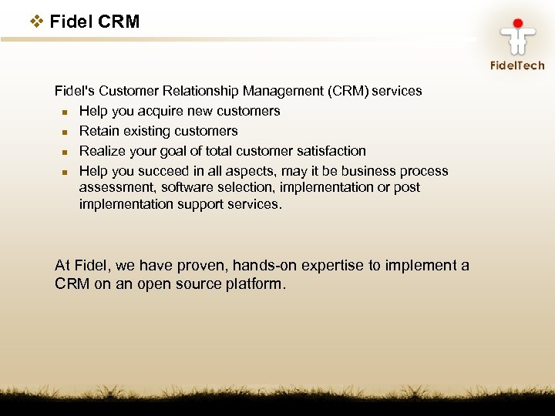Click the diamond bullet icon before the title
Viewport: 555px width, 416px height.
pyautogui.click(x=37, y=22)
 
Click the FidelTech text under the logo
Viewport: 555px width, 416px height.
pyautogui.click(x=517, y=65)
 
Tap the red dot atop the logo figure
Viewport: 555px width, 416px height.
pyautogui.click(x=517, y=23)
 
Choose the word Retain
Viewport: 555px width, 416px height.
pyautogui.click(x=98, y=131)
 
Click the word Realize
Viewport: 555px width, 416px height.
pyautogui.click(x=101, y=151)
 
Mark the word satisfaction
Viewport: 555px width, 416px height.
pyautogui.click(x=331, y=151)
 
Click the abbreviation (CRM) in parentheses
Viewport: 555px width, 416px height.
pyautogui.click(x=348, y=91)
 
